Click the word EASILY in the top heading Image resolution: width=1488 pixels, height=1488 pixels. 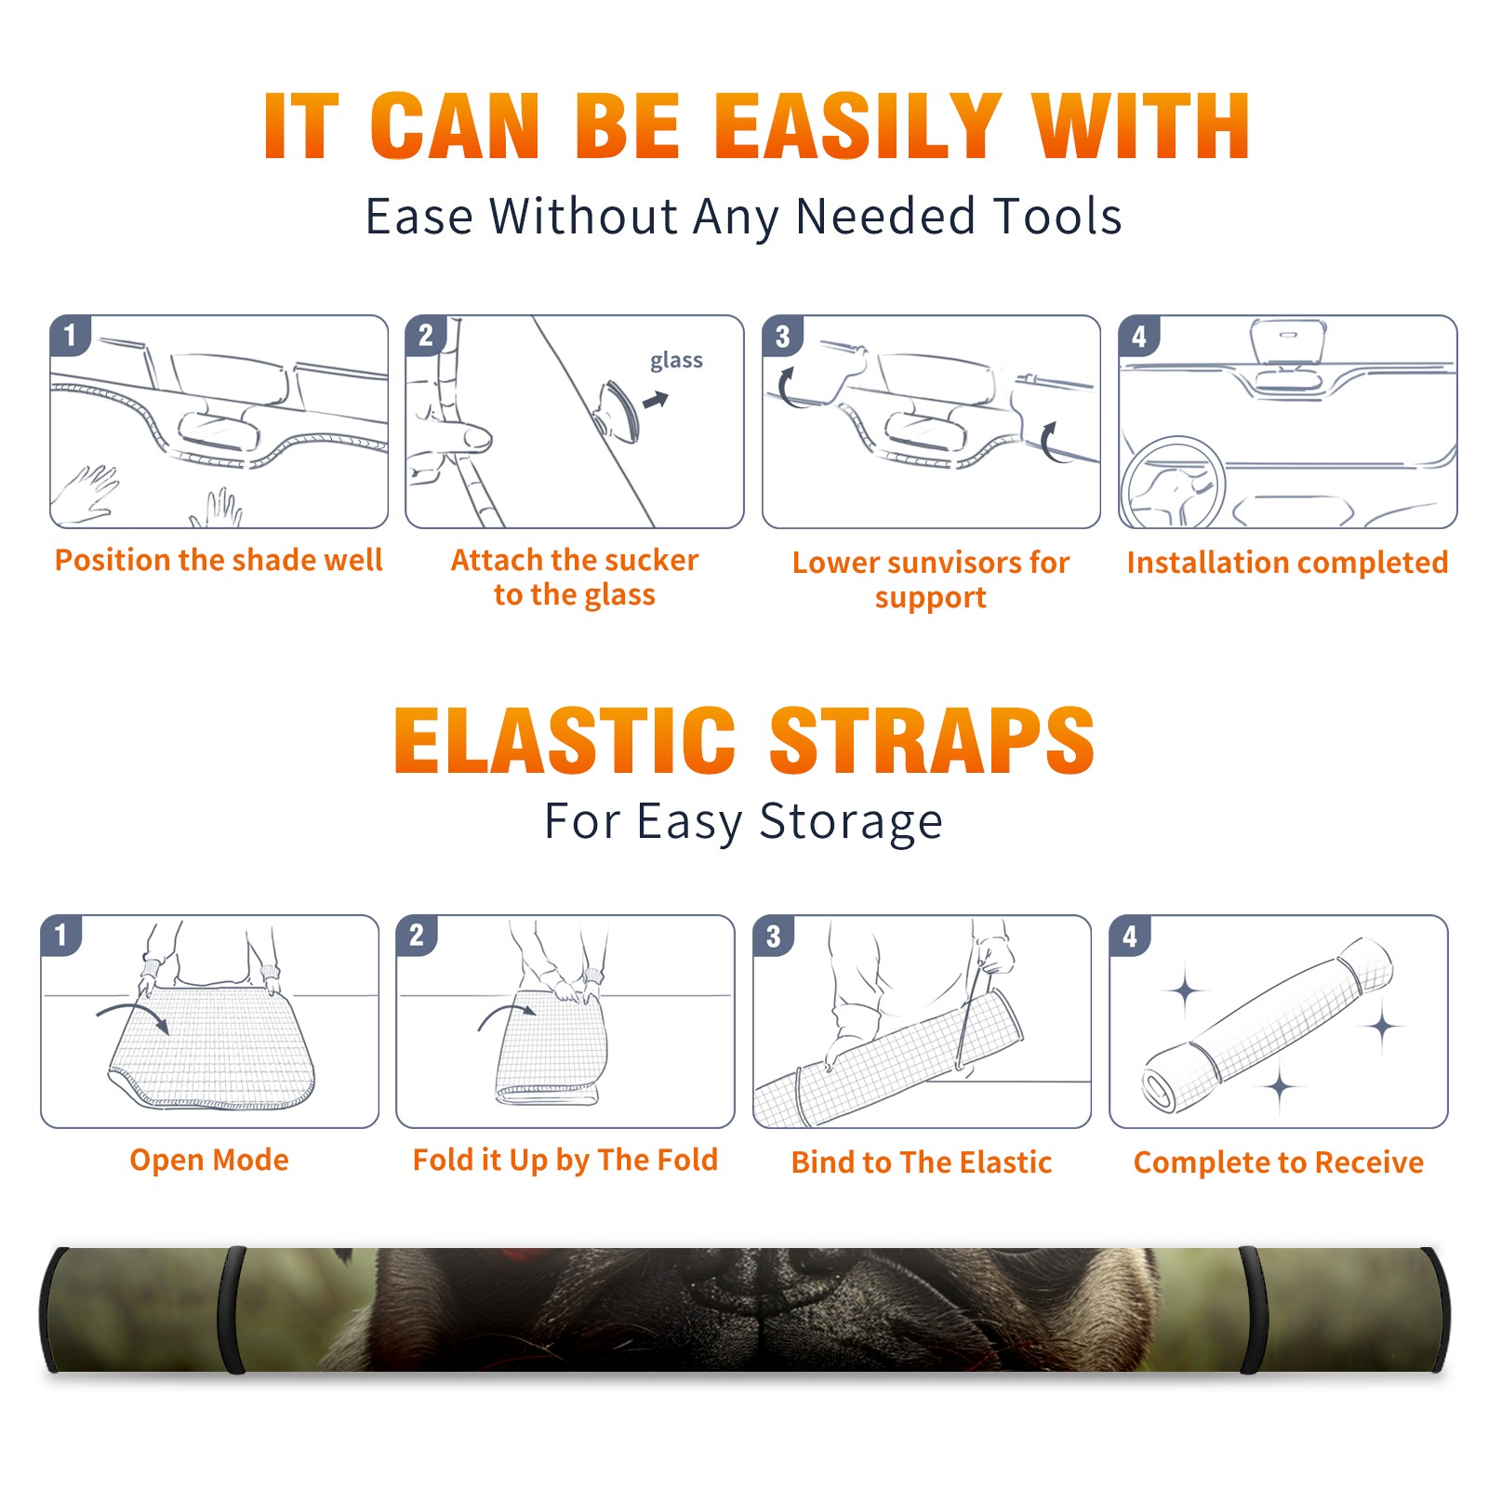pos(858,126)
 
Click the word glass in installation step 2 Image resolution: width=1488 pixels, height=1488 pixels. pos(676,361)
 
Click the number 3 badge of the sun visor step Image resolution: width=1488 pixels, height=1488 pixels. pos(782,336)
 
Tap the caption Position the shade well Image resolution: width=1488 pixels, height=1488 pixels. pos(219,560)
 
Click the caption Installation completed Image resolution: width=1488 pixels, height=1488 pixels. pos(1287,562)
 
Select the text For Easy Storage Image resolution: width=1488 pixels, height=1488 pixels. pos(744,822)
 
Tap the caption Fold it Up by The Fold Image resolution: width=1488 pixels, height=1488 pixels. pos(565,1160)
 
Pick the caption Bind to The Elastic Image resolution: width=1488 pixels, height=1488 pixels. pos(922,1162)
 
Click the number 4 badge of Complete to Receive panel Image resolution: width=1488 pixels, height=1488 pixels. pos(1130,936)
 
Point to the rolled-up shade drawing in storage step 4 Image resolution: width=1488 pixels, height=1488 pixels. pos(1269,1025)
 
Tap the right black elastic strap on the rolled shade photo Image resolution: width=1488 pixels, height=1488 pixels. pos(1252,1309)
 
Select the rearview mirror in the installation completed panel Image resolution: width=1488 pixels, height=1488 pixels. pos(1288,344)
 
